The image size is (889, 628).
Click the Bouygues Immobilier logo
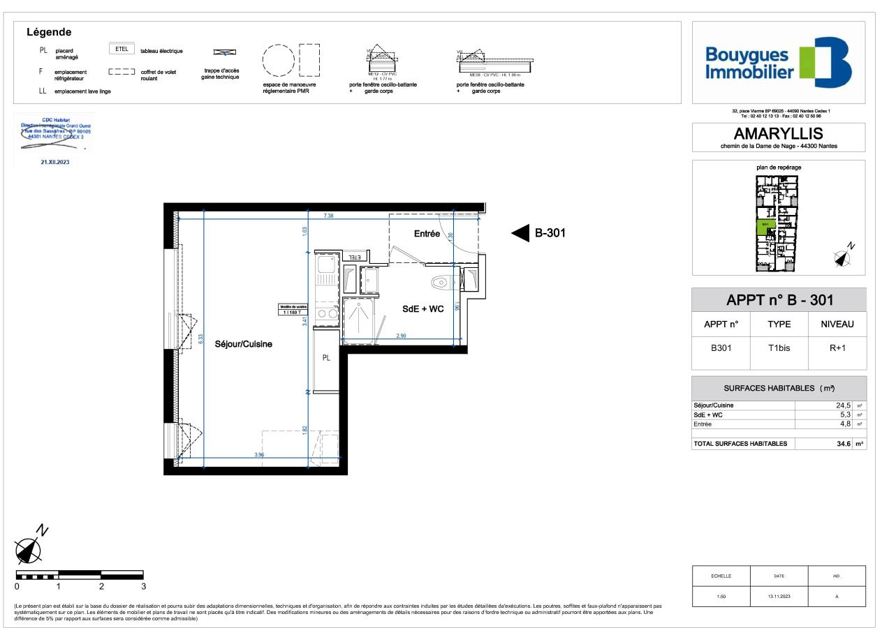(x=778, y=63)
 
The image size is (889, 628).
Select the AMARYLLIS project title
(x=778, y=134)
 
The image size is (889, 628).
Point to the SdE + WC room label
(x=423, y=309)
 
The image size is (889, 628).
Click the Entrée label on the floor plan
(x=427, y=234)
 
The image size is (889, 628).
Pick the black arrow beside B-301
(x=520, y=234)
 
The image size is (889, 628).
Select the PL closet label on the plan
(x=325, y=358)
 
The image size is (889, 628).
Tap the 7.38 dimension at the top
(x=328, y=216)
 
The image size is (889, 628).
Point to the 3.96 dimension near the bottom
(x=259, y=455)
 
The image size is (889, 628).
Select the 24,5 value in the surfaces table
(x=842, y=405)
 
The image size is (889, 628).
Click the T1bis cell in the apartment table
(x=779, y=348)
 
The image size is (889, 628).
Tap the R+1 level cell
(x=837, y=348)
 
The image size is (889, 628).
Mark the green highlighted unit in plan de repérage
(x=765, y=227)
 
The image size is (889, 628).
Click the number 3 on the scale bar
(x=143, y=587)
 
